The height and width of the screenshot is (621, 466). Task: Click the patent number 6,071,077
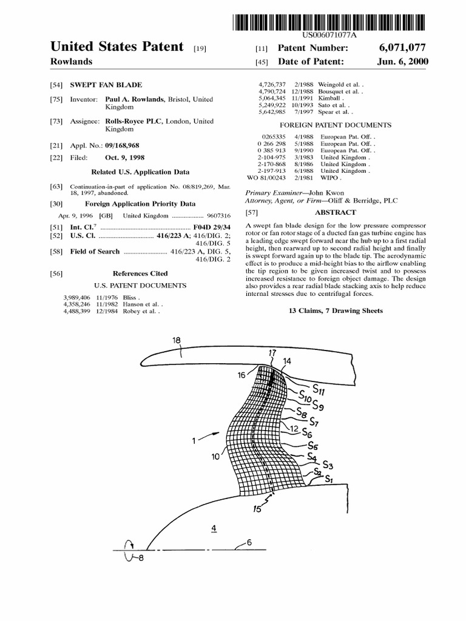(x=405, y=48)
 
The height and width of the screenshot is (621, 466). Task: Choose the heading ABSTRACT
(x=335, y=213)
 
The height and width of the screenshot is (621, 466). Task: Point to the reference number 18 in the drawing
(x=177, y=341)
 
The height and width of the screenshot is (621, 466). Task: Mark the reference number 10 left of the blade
(x=215, y=457)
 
